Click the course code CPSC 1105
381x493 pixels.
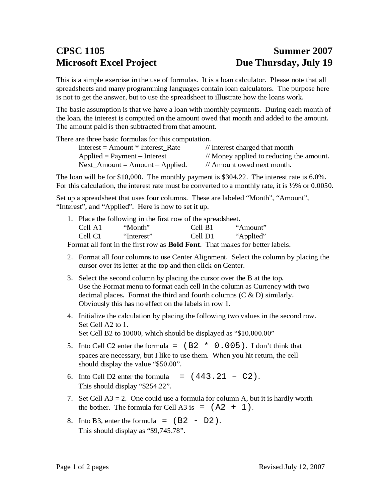(x=80, y=51)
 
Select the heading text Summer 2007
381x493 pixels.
(x=303, y=51)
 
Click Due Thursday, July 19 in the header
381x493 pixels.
(x=284, y=63)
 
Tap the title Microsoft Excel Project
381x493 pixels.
(x=106, y=63)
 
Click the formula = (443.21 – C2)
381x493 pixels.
(x=220, y=377)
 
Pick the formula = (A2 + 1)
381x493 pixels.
(x=226, y=407)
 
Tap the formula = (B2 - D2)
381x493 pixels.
(x=191, y=421)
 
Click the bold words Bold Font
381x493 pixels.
(x=184, y=245)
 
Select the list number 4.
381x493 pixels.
(x=69, y=316)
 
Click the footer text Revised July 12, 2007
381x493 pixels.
(x=291, y=467)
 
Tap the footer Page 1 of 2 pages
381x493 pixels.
(x=82, y=467)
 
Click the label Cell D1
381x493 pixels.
(x=202, y=236)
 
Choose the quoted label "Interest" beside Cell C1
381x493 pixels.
(x=138, y=236)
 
